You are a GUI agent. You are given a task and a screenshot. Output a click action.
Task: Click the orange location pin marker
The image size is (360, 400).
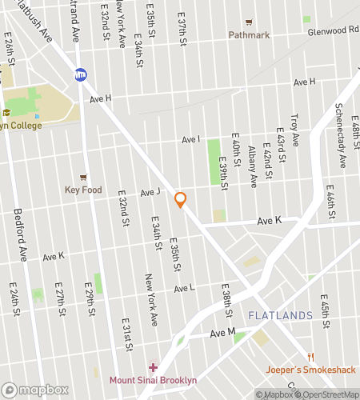[x=181, y=200]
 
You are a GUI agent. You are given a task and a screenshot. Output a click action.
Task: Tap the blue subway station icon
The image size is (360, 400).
[x=81, y=75]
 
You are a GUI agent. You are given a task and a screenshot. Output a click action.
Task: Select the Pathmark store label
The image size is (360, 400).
[x=249, y=34]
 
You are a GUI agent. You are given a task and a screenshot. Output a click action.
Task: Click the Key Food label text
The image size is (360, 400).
[x=83, y=190]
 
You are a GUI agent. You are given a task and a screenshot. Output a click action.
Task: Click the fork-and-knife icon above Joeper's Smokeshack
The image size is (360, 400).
[x=310, y=357]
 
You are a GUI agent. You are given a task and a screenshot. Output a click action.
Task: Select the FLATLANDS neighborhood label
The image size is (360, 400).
[x=280, y=317]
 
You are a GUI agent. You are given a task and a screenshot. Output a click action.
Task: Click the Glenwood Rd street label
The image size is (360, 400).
[x=334, y=29]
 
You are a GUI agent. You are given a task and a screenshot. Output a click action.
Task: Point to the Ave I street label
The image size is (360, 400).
[x=191, y=139]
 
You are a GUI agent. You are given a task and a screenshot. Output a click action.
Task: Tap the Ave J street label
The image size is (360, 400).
[x=150, y=192]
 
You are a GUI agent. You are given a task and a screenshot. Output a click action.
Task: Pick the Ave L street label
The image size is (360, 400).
[x=184, y=288]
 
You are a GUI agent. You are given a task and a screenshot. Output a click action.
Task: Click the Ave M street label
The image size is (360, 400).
[x=222, y=332]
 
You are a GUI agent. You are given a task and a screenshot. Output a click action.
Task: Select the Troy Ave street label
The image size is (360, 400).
[x=295, y=129]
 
